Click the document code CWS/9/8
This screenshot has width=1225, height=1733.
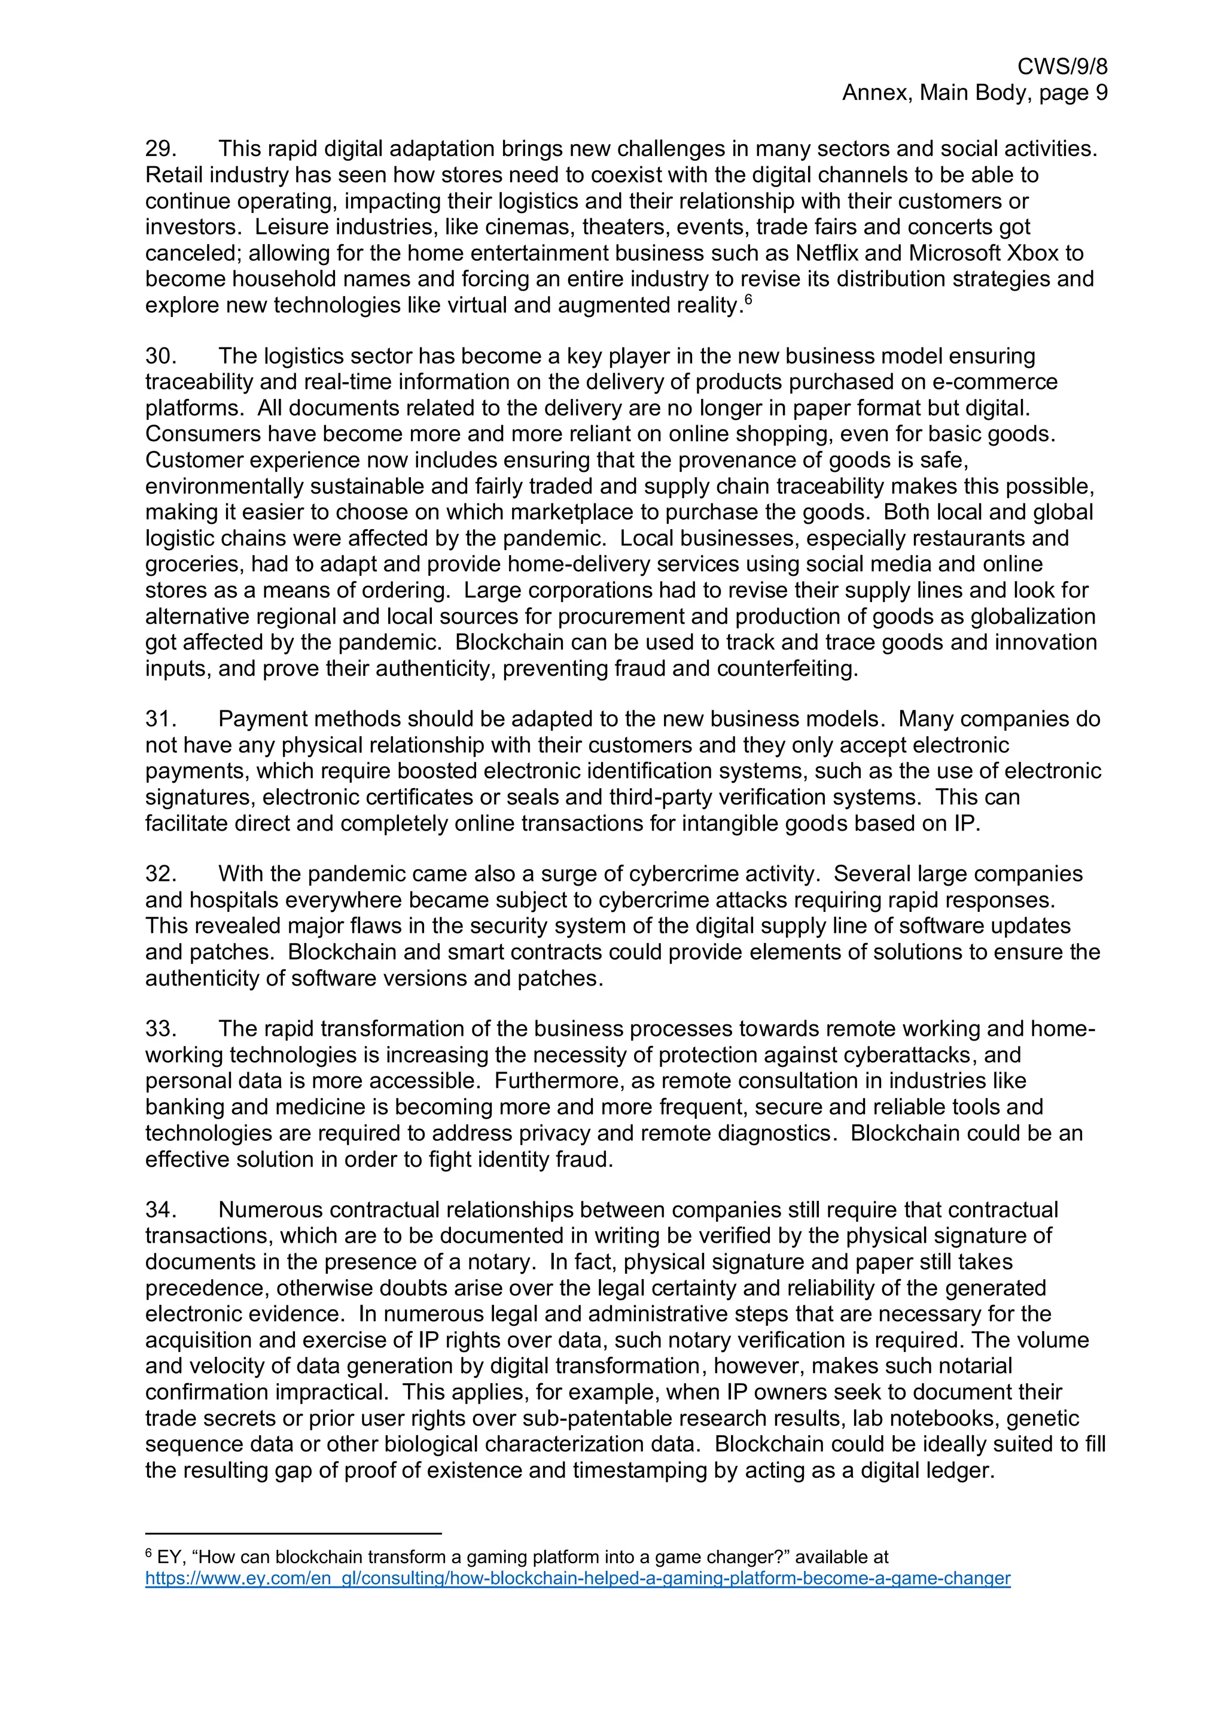tap(1062, 67)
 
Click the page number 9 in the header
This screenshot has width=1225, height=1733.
tap(1101, 93)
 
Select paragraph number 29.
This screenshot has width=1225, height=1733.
tap(160, 149)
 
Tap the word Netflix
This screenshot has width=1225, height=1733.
tap(827, 253)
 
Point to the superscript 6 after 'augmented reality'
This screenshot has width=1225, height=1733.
tap(748, 300)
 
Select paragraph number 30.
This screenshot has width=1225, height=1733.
tap(160, 356)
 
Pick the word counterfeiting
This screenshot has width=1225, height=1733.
tap(787, 669)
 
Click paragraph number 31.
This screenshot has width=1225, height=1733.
tap(160, 719)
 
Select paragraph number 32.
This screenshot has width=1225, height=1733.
tap(160, 874)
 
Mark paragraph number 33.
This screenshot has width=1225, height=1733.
tap(160, 1030)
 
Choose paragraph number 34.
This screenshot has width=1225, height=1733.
tap(160, 1211)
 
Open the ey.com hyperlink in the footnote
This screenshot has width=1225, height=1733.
tap(577, 1578)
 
